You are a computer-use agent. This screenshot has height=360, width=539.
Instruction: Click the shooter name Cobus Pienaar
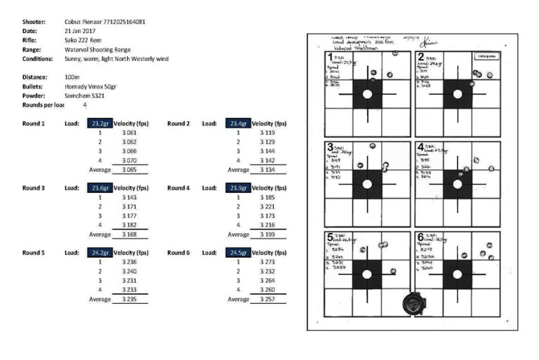tap(85, 22)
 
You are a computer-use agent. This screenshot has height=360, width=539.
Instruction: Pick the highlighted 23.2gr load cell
tap(98, 123)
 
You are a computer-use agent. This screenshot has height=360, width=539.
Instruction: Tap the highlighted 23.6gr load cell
tap(98, 188)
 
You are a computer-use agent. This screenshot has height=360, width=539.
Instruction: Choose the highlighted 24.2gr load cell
tap(98, 252)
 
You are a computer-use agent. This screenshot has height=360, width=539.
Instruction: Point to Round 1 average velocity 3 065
tap(128, 169)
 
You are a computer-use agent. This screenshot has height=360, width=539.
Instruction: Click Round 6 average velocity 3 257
tap(267, 298)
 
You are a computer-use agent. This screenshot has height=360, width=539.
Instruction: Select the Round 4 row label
tap(178, 188)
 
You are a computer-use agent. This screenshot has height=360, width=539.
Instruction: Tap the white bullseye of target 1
tap(367, 94)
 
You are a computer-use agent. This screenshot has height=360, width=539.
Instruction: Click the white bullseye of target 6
tap(458, 275)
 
